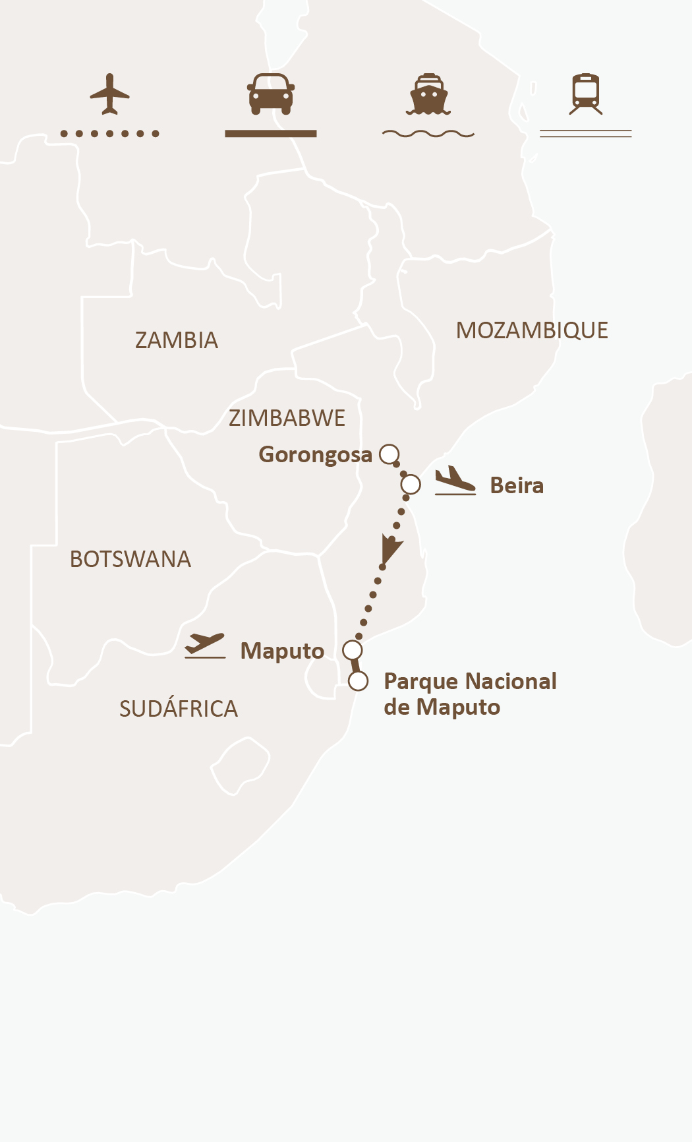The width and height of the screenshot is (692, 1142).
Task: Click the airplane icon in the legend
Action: click(109, 94)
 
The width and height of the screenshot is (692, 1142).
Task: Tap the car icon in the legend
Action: click(271, 94)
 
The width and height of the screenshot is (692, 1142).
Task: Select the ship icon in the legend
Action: click(428, 94)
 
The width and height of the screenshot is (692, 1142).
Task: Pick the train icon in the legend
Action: click(586, 94)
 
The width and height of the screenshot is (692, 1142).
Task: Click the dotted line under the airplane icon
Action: click(109, 134)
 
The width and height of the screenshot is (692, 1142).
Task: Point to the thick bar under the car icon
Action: click(271, 134)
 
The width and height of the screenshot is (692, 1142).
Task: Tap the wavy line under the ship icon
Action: click(428, 134)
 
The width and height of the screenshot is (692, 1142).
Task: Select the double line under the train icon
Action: click(586, 134)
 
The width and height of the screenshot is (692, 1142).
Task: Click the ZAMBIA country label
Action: click(176, 340)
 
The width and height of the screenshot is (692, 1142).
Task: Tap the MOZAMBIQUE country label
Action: click(532, 330)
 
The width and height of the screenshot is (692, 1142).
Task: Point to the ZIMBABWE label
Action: click(287, 418)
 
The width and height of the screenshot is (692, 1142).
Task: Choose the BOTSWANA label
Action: click(130, 559)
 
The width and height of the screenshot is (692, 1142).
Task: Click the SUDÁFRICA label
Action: click(178, 709)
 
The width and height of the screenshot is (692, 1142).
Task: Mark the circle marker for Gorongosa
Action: click(389, 454)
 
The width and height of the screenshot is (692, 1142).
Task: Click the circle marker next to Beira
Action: click(411, 485)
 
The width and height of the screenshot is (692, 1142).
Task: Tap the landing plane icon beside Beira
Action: click(455, 481)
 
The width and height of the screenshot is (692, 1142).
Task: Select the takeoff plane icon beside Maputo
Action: click(205, 646)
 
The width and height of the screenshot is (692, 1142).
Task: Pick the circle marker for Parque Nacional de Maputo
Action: click(358, 681)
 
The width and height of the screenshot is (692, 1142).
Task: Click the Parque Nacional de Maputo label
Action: click(470, 694)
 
